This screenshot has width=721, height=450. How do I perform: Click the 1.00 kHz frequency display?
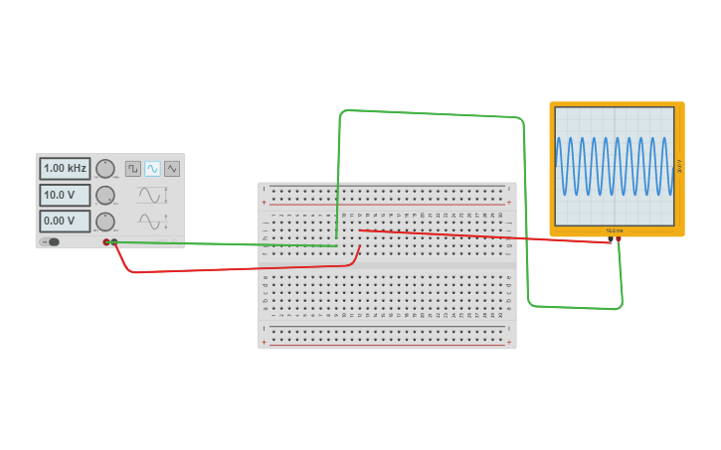[x=65, y=169]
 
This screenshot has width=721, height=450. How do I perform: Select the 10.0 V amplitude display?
[x=65, y=195]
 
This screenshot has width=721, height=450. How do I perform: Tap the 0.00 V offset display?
[x=65, y=221]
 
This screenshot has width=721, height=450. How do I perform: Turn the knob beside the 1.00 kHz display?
[x=105, y=169]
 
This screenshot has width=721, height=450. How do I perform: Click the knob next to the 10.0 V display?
[x=105, y=195]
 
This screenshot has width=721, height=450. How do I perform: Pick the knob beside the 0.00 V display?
[x=105, y=222]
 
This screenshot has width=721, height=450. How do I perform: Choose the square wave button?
[x=132, y=169]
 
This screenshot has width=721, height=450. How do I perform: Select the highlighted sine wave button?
[x=152, y=169]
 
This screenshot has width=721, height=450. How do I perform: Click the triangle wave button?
[x=172, y=169]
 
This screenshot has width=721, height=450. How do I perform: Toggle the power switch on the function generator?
[x=51, y=241]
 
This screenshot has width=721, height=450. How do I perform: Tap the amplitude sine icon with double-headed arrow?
[x=151, y=195]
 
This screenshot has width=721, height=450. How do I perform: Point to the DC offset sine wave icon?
[x=151, y=222]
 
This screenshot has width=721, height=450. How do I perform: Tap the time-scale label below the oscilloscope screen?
[x=614, y=230]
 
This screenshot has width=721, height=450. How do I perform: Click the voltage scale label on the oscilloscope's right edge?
[x=679, y=166]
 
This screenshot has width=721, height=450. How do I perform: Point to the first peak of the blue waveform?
[x=559, y=139]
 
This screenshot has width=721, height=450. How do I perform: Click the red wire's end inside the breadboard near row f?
[x=360, y=230]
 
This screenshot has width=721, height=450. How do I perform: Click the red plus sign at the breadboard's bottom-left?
[x=264, y=342]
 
